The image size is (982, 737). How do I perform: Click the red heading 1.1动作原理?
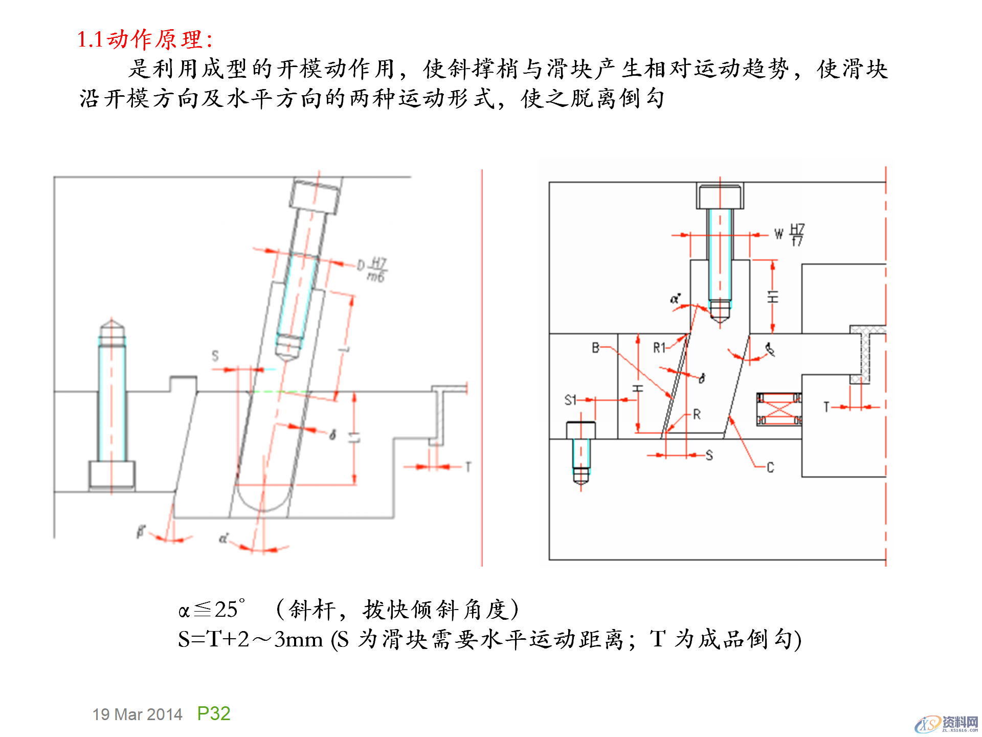145,39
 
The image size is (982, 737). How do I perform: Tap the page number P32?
214,713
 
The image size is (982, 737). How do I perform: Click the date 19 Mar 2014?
137,714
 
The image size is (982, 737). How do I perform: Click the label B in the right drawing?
595,348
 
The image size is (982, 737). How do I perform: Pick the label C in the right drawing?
770,467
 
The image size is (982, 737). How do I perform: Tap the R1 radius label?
659,348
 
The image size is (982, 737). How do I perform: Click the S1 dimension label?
570,400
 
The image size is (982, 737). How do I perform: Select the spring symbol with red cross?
779,409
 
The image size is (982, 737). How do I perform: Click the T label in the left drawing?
467,467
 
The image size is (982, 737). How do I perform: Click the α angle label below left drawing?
224,538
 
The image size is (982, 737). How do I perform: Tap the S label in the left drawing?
215,356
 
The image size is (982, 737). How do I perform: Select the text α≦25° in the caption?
211,610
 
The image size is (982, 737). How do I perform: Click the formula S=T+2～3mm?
250,639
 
